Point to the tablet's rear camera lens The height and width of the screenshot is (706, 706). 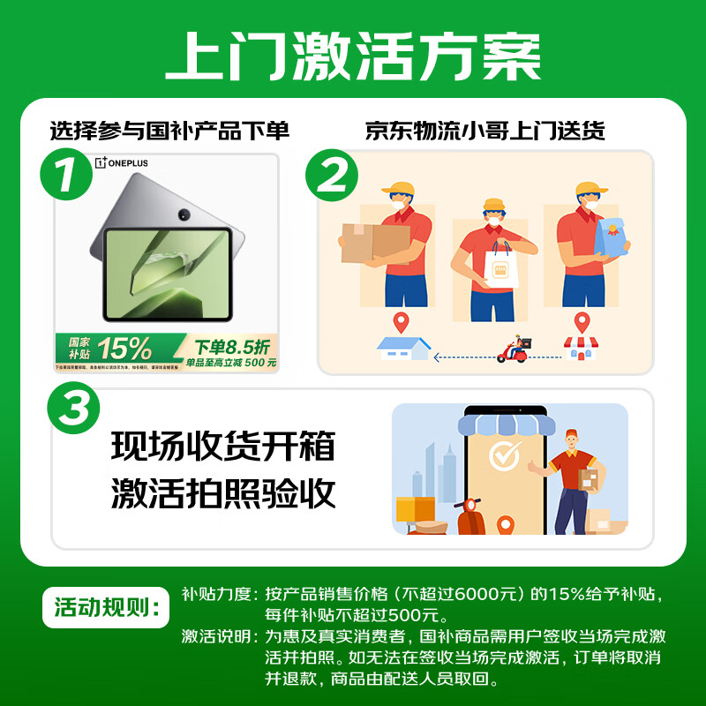pyautogui.click(x=184, y=214)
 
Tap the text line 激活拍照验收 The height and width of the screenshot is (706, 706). pyautogui.click(x=223, y=493)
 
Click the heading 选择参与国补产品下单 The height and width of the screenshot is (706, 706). pyautogui.click(x=169, y=131)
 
